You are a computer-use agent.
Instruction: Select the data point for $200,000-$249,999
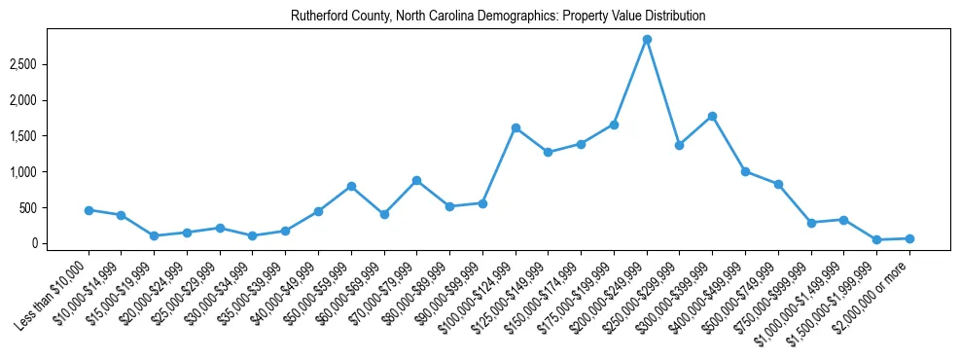[647, 40]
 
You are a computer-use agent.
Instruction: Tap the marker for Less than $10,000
[89, 210]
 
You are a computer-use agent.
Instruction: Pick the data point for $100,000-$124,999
[516, 127]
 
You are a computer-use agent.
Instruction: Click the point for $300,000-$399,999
[713, 116]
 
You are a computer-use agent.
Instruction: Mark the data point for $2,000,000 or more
[909, 238]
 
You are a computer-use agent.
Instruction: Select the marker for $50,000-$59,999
[351, 186]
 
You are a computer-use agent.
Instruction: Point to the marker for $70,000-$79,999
[416, 180]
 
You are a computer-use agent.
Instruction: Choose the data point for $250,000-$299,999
[680, 145]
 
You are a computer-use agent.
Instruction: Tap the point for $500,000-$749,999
[778, 184]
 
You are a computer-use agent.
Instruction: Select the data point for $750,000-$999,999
[811, 223]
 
